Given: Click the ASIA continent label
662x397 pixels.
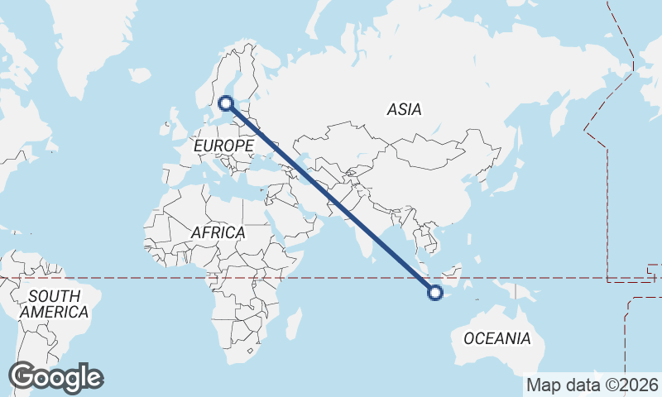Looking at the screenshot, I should (404, 109).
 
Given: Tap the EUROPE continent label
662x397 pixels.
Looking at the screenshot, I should (223, 146).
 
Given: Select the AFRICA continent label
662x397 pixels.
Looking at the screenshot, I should (218, 232).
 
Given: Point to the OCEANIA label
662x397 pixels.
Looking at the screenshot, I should (496, 338).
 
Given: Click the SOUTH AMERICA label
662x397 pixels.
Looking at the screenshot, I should (54, 304).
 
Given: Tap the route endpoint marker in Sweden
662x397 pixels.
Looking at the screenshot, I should (225, 103).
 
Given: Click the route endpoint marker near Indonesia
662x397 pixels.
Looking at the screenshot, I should (434, 290).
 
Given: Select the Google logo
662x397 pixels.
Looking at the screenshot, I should (56, 377).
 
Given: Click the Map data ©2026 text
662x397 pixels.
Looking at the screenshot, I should (592, 385).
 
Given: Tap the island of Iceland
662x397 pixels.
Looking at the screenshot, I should (140, 75).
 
